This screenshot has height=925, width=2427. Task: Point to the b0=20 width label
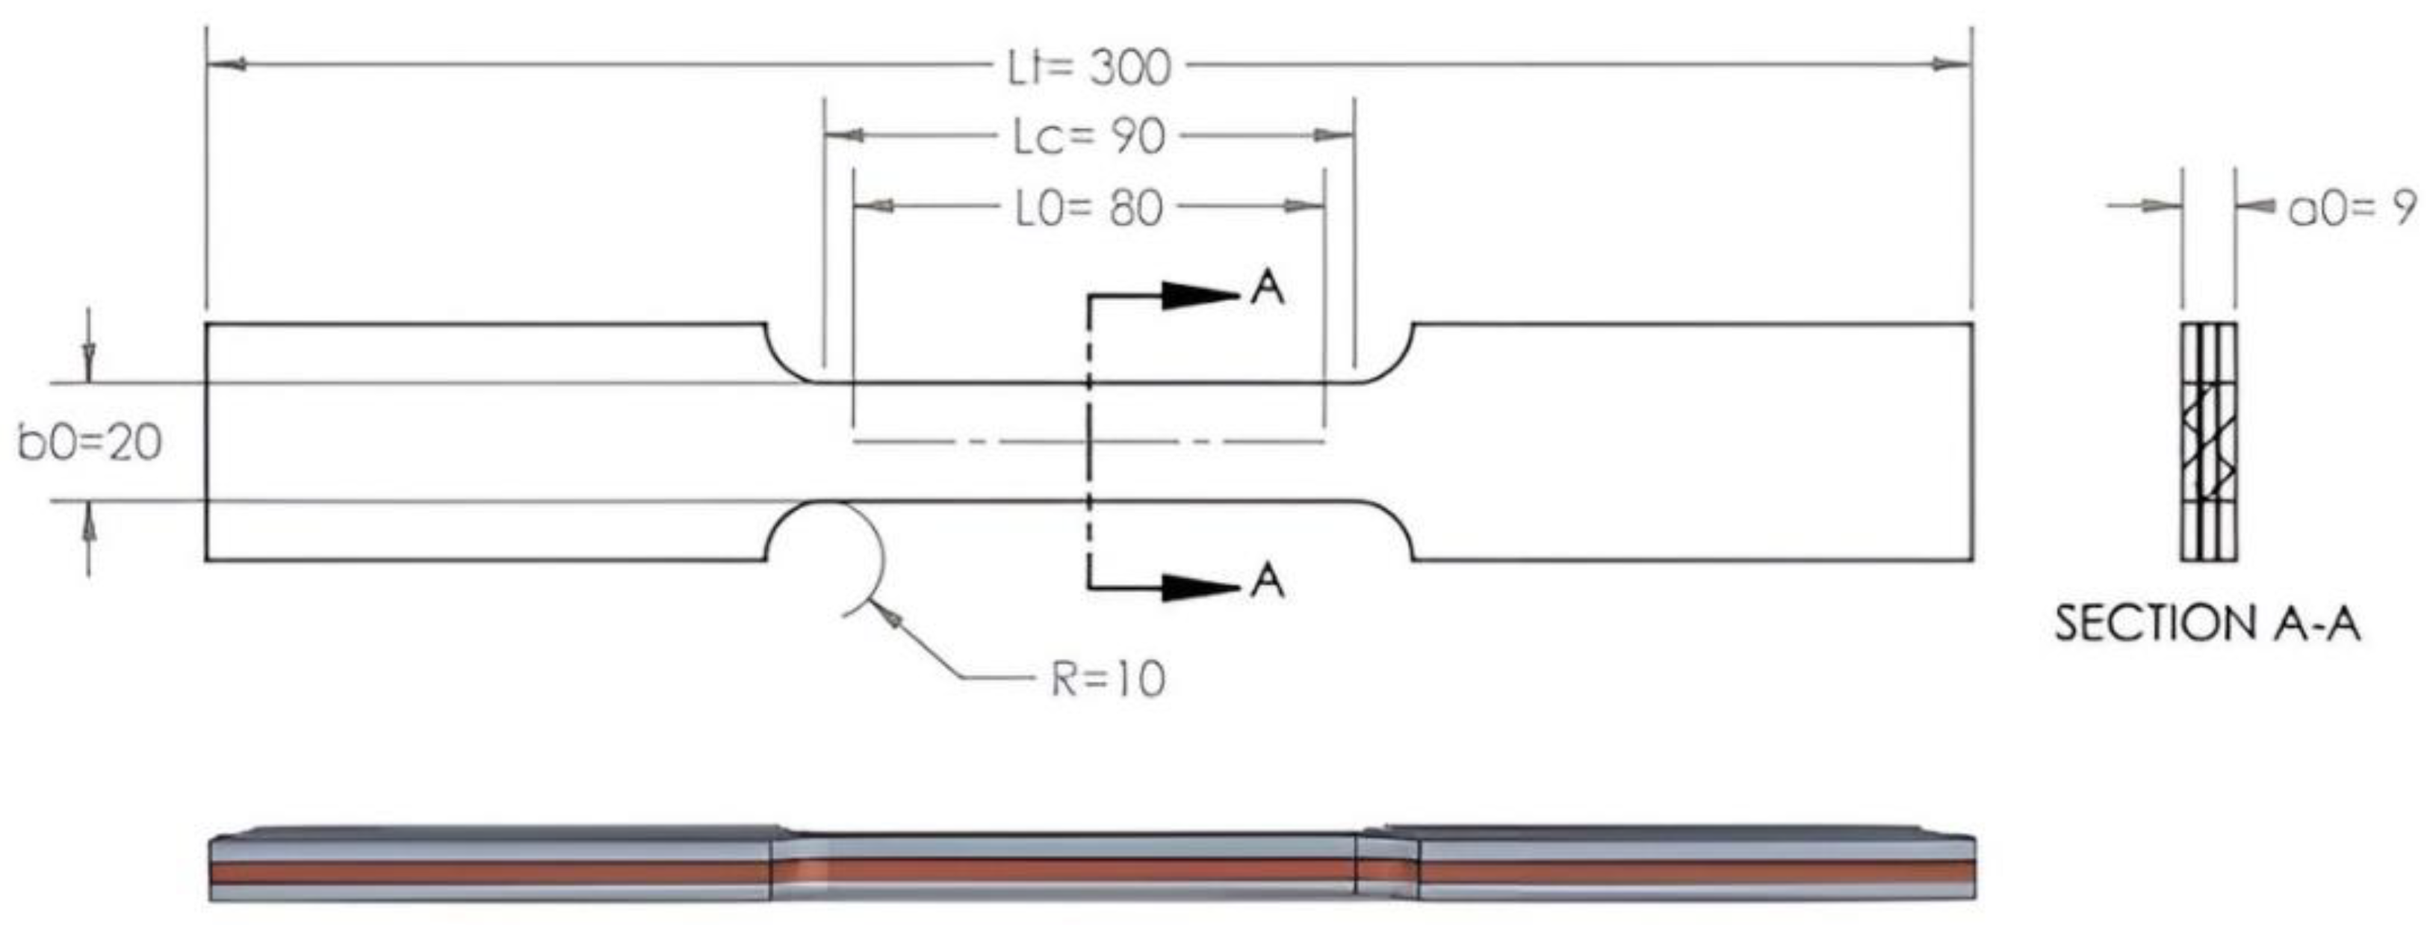pyautogui.click(x=90, y=442)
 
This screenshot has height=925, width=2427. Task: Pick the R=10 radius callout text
pyautogui.click(x=1108, y=679)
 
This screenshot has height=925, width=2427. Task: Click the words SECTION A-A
pyautogui.click(x=2207, y=624)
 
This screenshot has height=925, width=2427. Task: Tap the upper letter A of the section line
pyautogui.click(x=1267, y=288)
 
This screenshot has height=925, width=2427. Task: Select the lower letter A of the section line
pyautogui.click(x=1267, y=581)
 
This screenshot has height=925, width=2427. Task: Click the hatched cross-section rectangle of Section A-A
pyautogui.click(x=2208, y=442)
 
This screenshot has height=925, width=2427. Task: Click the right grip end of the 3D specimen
pyautogui.click(x=1696, y=867)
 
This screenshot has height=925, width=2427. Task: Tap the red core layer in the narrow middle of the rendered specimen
pyautogui.click(x=1083, y=870)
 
